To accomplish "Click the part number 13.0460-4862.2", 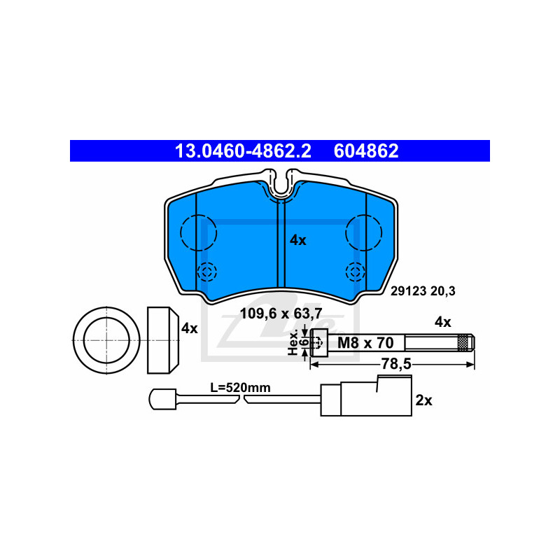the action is [243, 151].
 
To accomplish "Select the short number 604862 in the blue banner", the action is [366, 151].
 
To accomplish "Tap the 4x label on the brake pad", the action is [298, 240].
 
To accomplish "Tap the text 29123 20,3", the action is [423, 291].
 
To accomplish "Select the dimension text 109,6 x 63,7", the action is [281, 314].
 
